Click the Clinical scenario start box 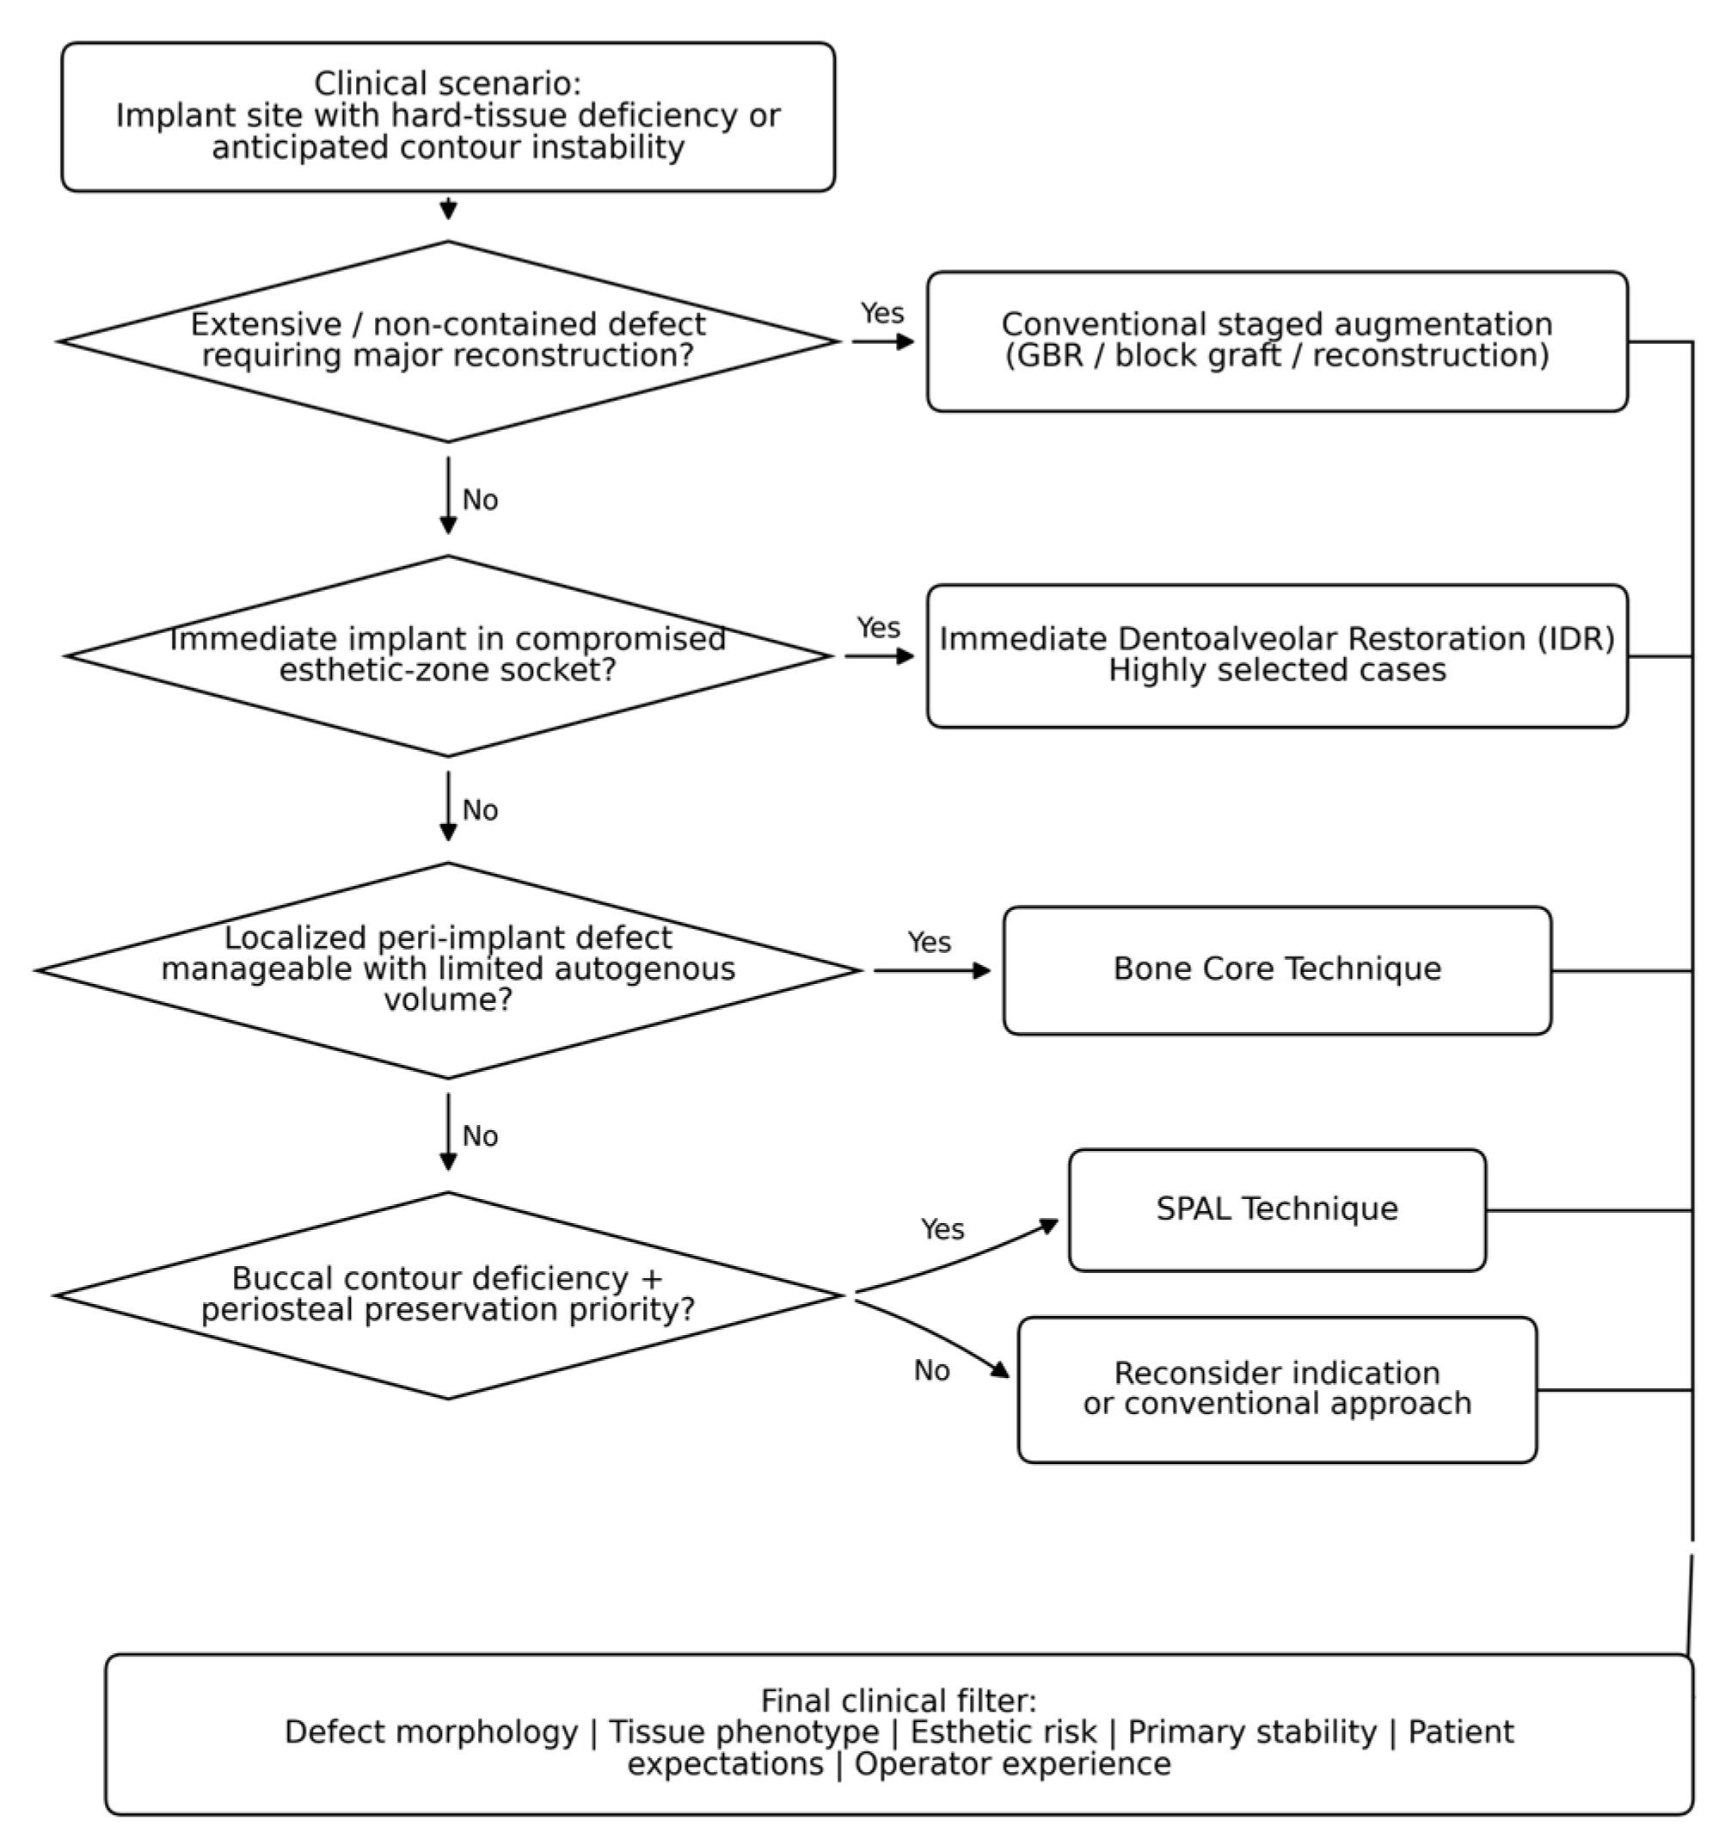[x=448, y=117]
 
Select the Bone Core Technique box [x=1276, y=969]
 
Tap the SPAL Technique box [x=1276, y=1209]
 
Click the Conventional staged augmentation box [x=1276, y=341]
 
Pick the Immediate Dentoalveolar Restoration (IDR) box [x=1276, y=655]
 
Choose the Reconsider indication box [x=1276, y=1389]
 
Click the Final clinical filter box [x=898, y=1733]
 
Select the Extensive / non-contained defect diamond [x=448, y=341]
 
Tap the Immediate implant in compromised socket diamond [x=448, y=655]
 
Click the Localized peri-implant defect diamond [x=448, y=970]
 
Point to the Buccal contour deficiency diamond [x=448, y=1295]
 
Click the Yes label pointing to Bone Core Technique [x=929, y=942]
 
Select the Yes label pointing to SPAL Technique [x=942, y=1228]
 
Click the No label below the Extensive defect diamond [x=480, y=500]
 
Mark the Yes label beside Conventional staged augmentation [x=881, y=313]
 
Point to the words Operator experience [x=1012, y=1764]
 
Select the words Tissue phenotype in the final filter [x=744, y=1731]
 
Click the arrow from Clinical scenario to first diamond [x=448, y=207]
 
